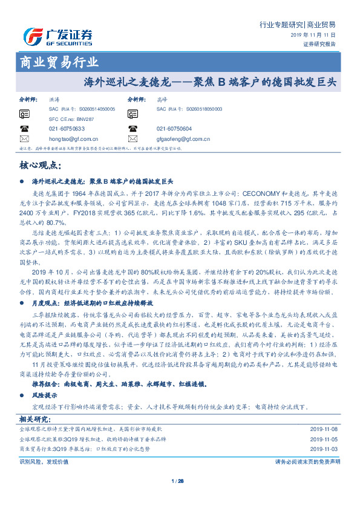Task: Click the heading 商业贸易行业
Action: pyautogui.click(x=59, y=62)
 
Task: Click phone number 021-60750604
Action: pyautogui.click(x=174, y=129)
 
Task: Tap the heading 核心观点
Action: pyautogui.click(x=41, y=165)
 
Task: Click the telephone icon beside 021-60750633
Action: pyautogui.click(x=24, y=128)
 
